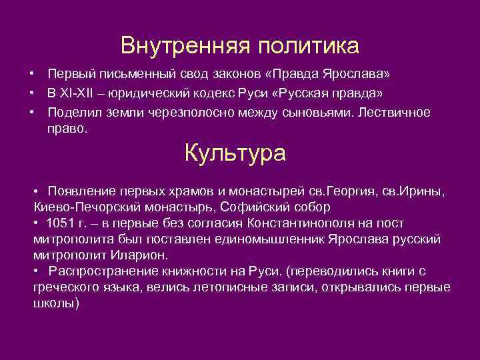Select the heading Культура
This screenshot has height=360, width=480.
[235, 153]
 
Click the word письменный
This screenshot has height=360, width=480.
[129, 73]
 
